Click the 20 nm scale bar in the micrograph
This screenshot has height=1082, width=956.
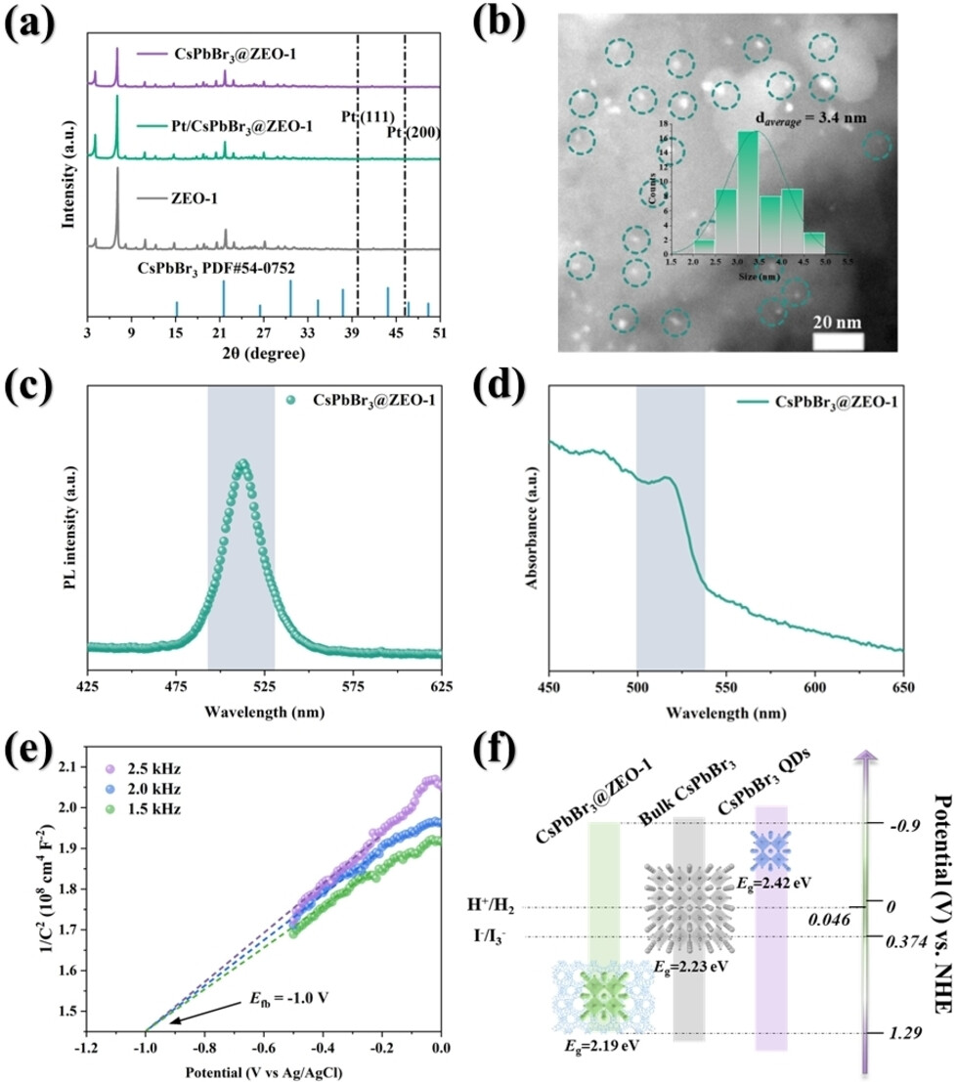coord(838,340)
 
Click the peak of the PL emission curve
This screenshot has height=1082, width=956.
coord(241,462)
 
